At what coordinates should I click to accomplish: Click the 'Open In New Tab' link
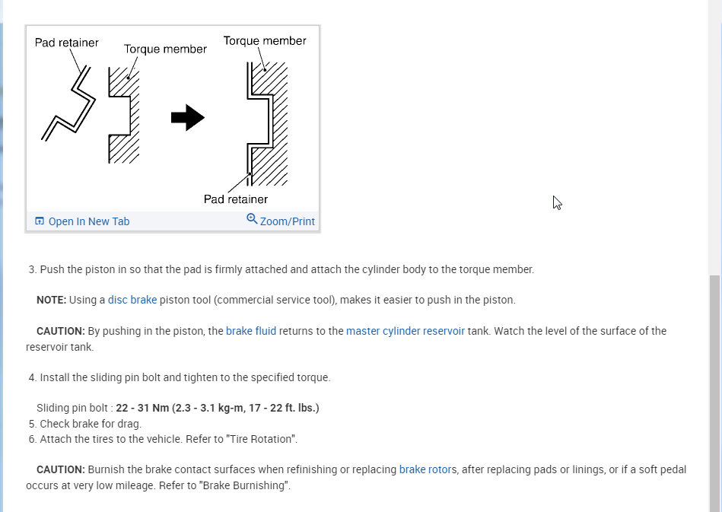point(88,221)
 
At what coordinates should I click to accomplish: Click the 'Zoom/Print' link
point(287,221)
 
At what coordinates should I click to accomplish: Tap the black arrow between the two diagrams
point(187,118)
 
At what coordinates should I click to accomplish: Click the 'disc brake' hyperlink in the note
point(132,300)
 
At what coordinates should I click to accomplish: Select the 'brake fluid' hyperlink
point(251,331)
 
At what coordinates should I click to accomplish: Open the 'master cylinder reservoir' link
point(406,331)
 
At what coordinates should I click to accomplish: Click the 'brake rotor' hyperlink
point(425,469)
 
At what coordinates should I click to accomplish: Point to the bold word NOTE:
point(51,300)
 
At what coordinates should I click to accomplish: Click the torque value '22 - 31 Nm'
point(144,408)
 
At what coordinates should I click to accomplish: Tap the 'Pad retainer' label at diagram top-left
point(66,43)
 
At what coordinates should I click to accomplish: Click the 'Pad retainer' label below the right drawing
point(236,199)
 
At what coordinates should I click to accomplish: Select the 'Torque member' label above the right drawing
point(265,40)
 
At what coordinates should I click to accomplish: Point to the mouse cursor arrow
point(557,202)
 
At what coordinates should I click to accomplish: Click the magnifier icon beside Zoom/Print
point(252,219)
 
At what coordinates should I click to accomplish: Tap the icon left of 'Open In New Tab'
point(40,221)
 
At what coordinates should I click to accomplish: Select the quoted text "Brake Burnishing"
point(245,485)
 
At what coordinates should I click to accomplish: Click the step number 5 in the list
point(33,424)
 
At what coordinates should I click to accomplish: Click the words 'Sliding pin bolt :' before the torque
point(75,408)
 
